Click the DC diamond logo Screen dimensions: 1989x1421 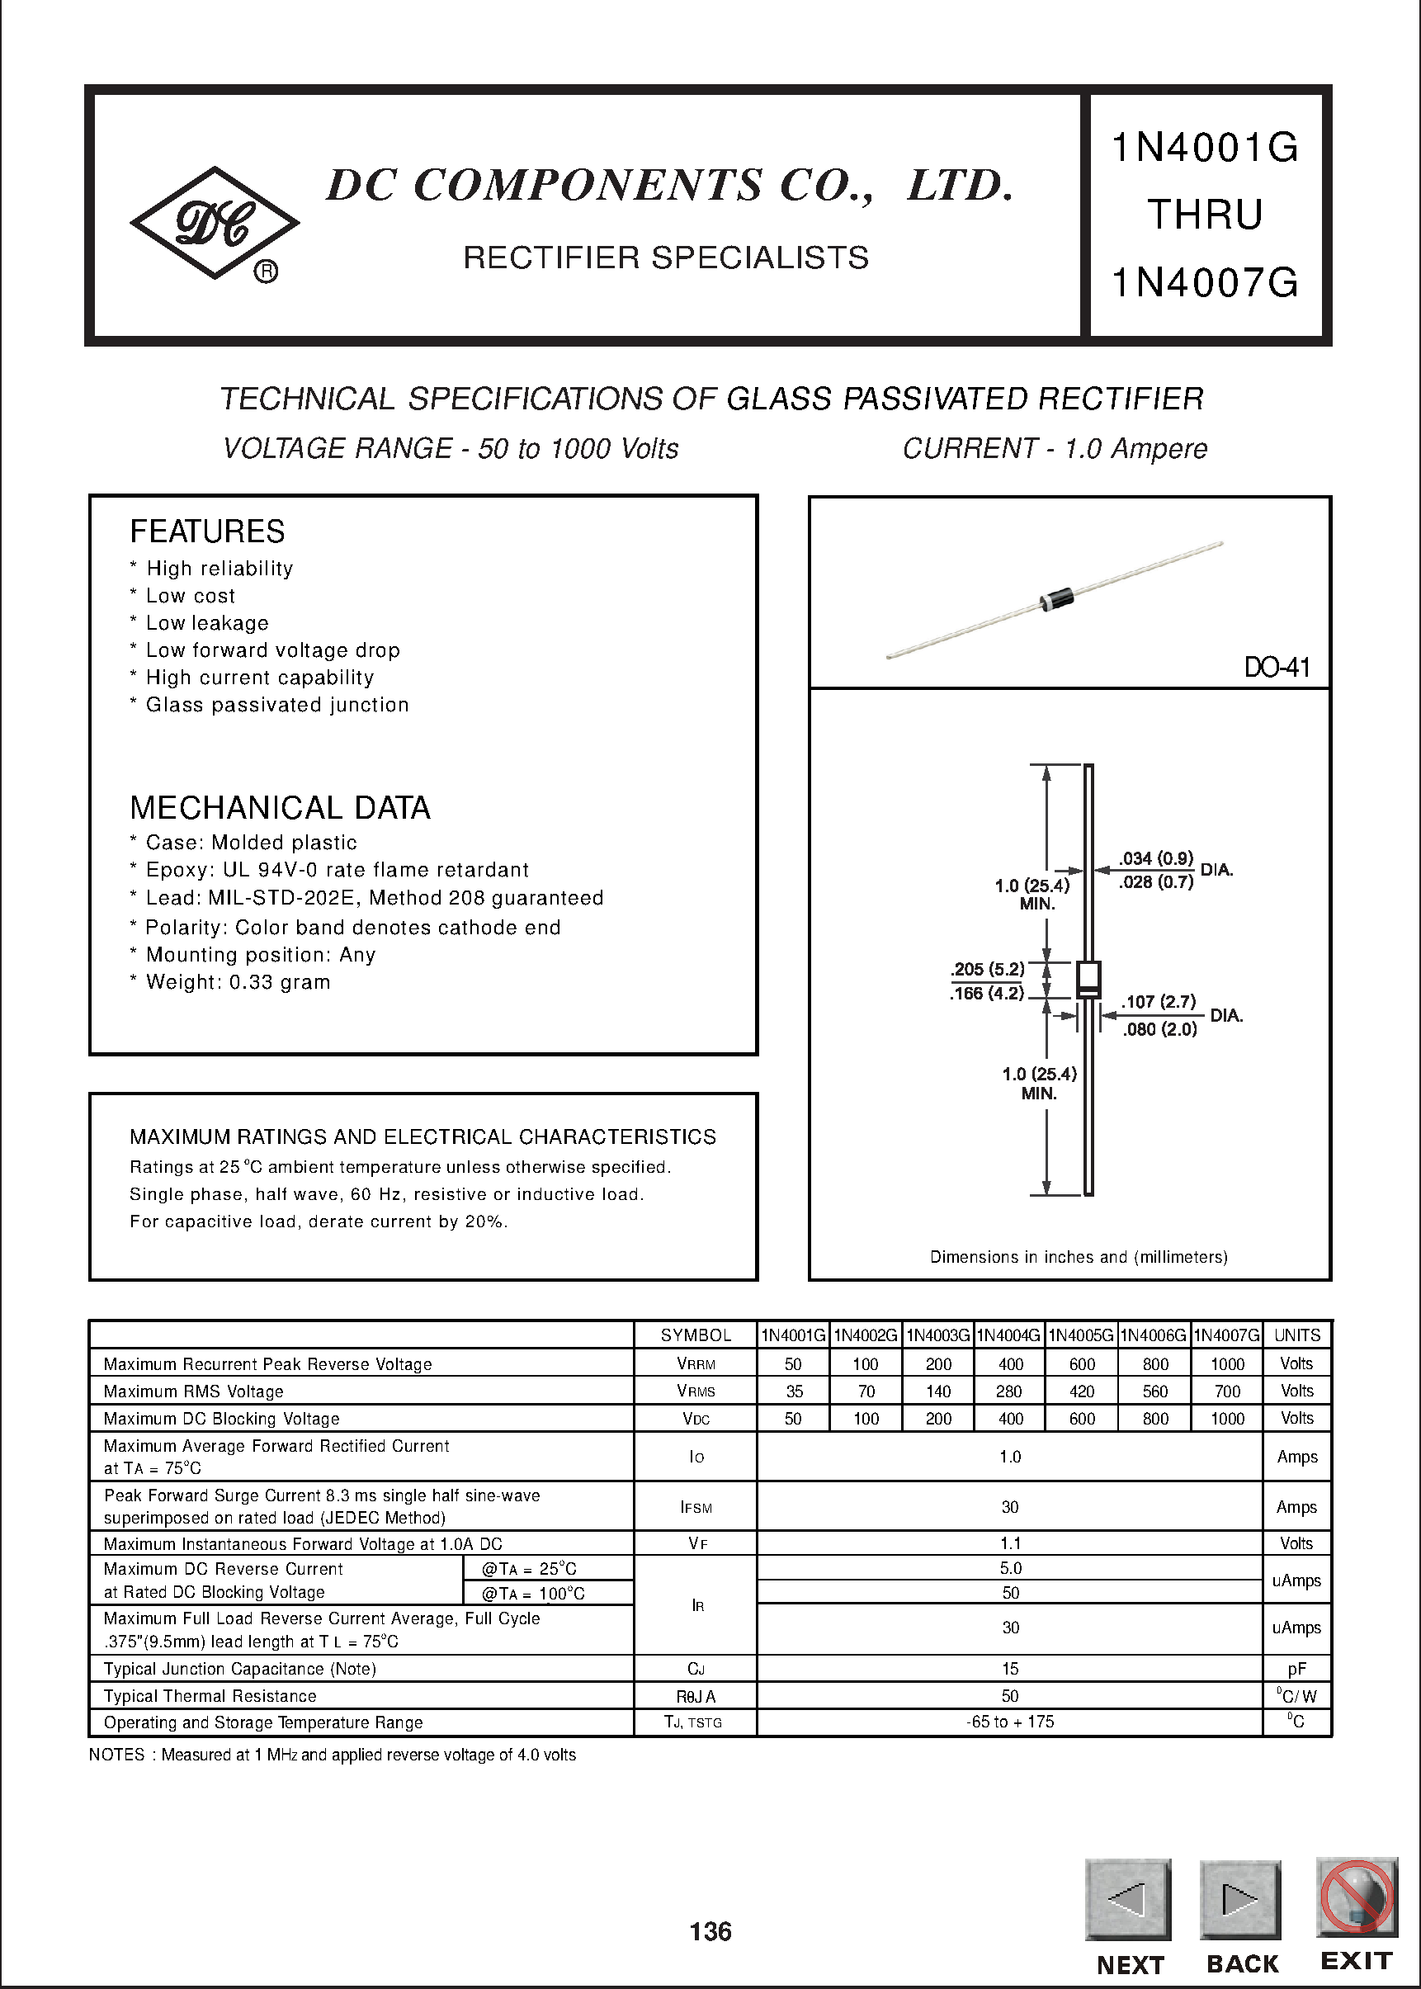[x=215, y=223]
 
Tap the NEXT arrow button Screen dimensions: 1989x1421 [x=1127, y=1899]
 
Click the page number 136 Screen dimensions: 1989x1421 [x=710, y=1931]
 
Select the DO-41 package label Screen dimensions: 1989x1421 [x=1277, y=668]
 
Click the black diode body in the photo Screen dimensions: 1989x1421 [x=1056, y=598]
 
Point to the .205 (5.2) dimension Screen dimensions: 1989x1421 [x=987, y=969]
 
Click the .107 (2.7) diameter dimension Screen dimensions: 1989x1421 [x=1159, y=1001]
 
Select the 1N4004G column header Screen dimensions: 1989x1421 [x=1009, y=1335]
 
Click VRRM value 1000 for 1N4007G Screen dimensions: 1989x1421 [x=1227, y=1364]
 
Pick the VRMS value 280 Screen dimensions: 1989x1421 [x=1009, y=1391]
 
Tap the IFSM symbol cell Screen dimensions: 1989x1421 [x=696, y=1507]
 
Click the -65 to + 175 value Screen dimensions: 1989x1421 [x=1010, y=1722]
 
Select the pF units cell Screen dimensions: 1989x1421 [x=1296, y=1669]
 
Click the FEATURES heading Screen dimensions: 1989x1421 [x=207, y=532]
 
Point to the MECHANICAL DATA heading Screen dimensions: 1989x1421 [x=280, y=807]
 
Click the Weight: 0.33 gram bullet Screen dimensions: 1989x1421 [x=237, y=982]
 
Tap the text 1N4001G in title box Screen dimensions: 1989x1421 [x=1205, y=147]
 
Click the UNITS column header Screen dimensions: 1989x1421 [x=1296, y=1335]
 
